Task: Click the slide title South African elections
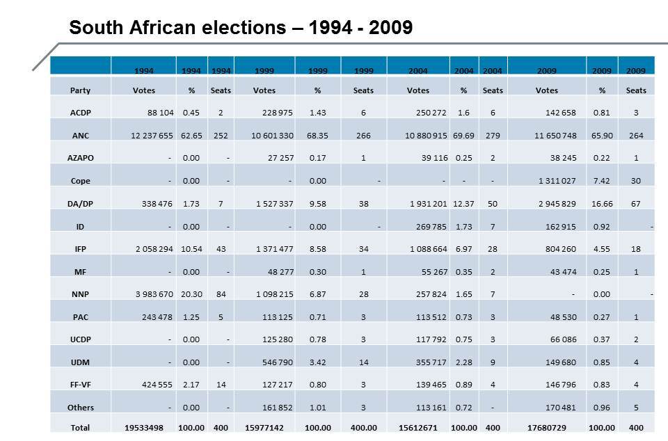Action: (241, 28)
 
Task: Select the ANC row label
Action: (80, 135)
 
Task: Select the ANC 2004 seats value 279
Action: (493, 135)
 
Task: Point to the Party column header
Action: (80, 90)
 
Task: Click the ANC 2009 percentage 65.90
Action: (602, 135)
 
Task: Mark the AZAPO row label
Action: (80, 158)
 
